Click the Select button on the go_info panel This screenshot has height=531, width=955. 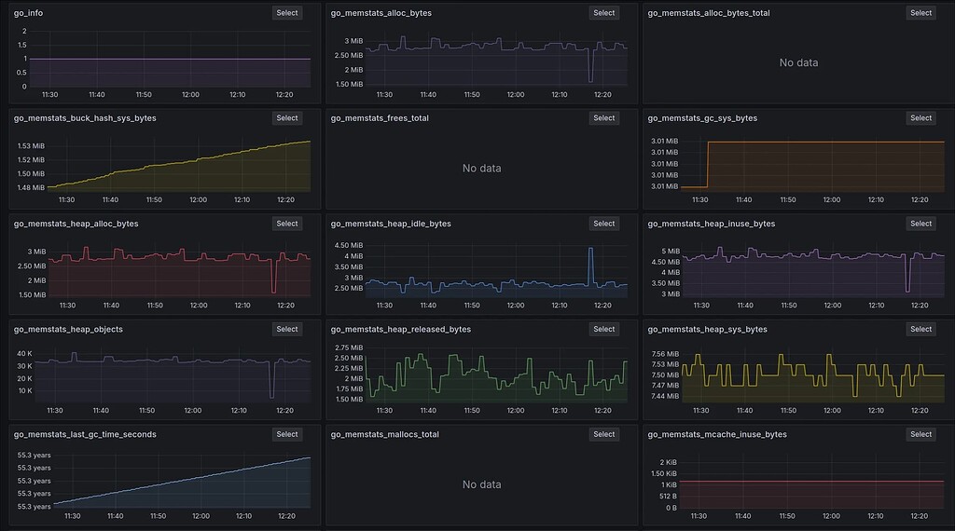[x=287, y=13]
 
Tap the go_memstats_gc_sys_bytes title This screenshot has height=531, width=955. [x=702, y=118]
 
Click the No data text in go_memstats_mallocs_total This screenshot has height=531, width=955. [x=482, y=484]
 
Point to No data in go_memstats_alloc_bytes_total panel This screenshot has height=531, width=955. [x=798, y=62]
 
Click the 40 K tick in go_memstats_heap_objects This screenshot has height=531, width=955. [x=25, y=353]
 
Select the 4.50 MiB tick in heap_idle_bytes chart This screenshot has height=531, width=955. [x=347, y=245]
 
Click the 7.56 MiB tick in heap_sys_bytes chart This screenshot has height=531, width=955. [x=665, y=354]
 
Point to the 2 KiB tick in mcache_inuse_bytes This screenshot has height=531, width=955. [x=668, y=463]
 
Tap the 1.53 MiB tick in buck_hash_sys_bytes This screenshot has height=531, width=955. [x=31, y=146]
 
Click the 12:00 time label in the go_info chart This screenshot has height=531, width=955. [x=190, y=94]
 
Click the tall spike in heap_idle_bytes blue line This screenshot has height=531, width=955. [x=590, y=249]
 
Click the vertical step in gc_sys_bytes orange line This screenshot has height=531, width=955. [x=708, y=164]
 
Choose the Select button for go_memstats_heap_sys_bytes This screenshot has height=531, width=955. [x=920, y=329]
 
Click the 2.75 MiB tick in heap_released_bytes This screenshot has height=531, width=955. [x=347, y=347]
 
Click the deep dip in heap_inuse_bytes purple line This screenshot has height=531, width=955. [x=907, y=289]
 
